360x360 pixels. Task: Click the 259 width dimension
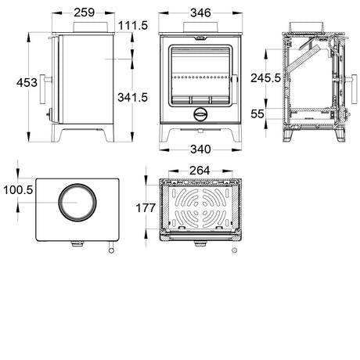point(84,13)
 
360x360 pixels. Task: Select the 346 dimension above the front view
point(200,13)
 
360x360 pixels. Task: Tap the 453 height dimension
point(27,83)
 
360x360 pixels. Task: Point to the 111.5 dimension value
point(133,26)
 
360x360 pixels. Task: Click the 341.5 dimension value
point(132,97)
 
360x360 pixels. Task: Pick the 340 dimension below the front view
point(200,149)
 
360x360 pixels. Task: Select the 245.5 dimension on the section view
point(265,78)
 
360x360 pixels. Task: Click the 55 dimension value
point(257,114)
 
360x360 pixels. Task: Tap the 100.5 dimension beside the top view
point(18,190)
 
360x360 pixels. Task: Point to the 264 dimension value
point(200,171)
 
